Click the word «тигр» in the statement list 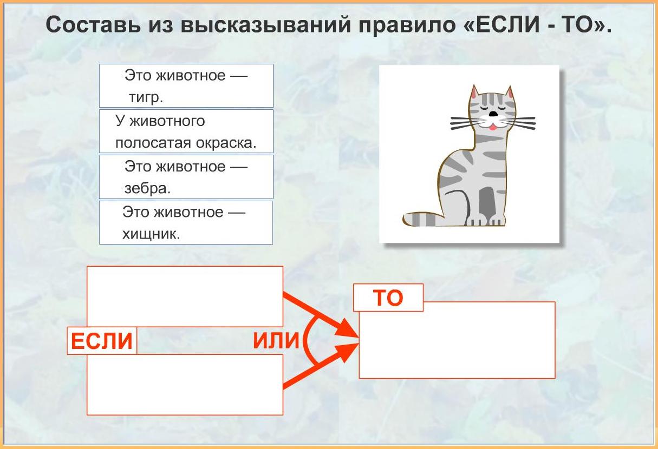coord(146,97)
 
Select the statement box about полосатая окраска coord(186,131)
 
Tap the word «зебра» coord(147,188)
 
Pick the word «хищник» coord(151,234)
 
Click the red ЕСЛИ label coord(102,341)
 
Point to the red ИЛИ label coord(276,340)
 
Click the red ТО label coord(388,298)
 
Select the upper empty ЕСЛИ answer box coord(185,296)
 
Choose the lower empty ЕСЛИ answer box coord(185,385)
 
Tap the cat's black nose coord(493,114)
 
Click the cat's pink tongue coord(493,127)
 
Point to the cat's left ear coord(474,93)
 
